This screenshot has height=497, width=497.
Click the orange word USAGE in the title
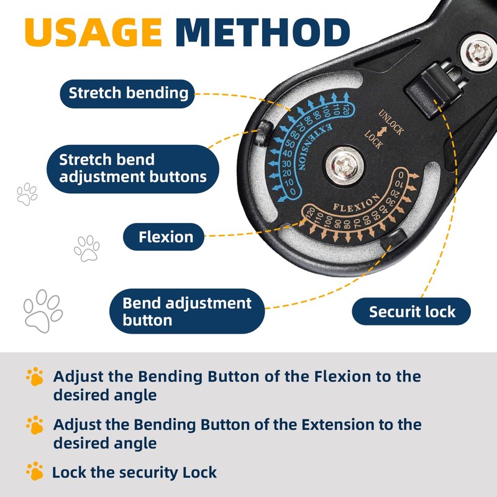(x=94, y=32)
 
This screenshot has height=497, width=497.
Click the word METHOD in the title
(x=263, y=32)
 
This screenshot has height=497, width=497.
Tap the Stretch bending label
(x=127, y=94)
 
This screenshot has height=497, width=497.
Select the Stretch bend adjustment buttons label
(x=133, y=168)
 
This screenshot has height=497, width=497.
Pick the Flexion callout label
(x=164, y=237)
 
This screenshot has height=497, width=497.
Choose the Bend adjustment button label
(x=187, y=311)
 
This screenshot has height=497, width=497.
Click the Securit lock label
(x=411, y=312)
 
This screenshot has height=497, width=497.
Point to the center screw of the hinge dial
(x=344, y=165)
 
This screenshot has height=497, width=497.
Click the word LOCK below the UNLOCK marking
(x=374, y=139)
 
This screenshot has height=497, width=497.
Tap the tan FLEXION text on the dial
(x=356, y=203)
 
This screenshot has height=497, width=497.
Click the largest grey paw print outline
(x=43, y=311)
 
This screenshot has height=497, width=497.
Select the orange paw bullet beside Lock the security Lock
(x=35, y=471)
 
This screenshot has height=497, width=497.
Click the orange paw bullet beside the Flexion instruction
(x=35, y=376)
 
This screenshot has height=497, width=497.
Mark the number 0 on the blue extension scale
(x=293, y=191)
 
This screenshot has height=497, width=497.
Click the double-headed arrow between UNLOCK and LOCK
(x=381, y=132)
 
